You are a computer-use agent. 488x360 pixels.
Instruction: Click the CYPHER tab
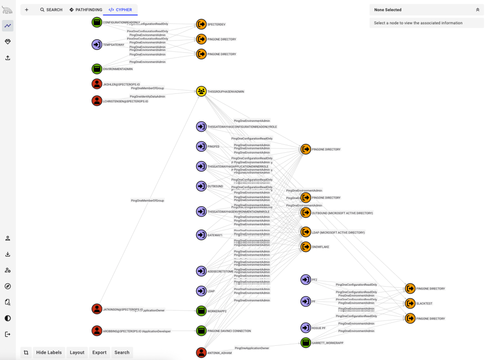pos(120,10)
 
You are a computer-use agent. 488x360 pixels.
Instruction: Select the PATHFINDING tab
pos(86,10)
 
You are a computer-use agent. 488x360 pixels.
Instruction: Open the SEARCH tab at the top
pos(51,10)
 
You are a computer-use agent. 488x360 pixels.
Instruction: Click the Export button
pos(99,352)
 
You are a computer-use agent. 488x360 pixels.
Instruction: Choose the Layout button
pos(77,352)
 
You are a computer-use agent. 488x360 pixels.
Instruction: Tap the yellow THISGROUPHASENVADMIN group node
pos(201,91)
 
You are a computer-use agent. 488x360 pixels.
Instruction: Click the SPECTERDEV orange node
pos(201,24)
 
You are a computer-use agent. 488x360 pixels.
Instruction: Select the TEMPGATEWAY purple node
pos(97,45)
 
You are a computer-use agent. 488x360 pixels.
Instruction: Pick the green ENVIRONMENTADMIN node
pos(97,69)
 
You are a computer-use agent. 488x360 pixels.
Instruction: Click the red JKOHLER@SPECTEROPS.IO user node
pos(97,84)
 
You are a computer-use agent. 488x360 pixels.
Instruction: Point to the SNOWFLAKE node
pos(305,247)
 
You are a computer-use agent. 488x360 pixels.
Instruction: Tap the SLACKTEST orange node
pos(410,303)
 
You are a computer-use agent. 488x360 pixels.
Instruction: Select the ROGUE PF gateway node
pos(305,328)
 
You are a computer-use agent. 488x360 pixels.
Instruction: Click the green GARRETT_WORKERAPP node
pos(305,342)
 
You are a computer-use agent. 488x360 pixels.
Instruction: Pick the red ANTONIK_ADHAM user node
pos(201,352)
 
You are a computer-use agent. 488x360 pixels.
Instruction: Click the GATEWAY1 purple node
pos(201,235)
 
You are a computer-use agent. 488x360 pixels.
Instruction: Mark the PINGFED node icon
pos(201,146)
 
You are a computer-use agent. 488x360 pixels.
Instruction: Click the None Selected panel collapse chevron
pos(478,10)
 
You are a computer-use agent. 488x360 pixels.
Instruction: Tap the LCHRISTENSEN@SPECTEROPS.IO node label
pos(125,101)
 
